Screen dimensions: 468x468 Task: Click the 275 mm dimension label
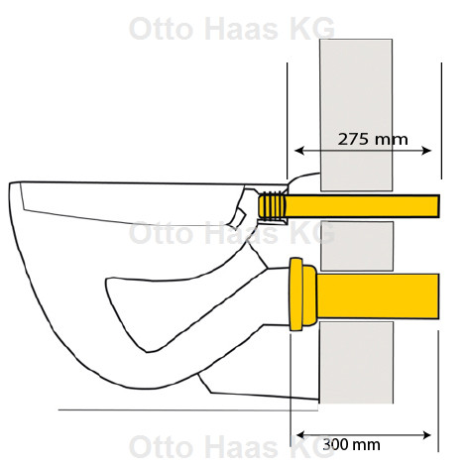[x=373, y=139]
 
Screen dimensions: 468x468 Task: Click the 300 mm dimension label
[x=351, y=445]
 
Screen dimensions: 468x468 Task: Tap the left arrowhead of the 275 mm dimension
[x=298, y=151]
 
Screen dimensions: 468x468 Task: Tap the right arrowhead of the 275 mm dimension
[x=426, y=151]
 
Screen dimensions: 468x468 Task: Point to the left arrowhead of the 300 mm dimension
[x=300, y=435]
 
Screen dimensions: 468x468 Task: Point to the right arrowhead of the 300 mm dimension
[x=426, y=435]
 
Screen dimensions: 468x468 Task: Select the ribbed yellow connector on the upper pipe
[x=272, y=206]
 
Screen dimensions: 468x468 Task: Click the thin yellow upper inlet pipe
[x=362, y=206]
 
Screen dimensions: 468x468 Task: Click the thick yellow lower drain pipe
[x=378, y=296]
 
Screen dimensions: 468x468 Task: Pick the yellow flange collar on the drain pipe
[x=302, y=294]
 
